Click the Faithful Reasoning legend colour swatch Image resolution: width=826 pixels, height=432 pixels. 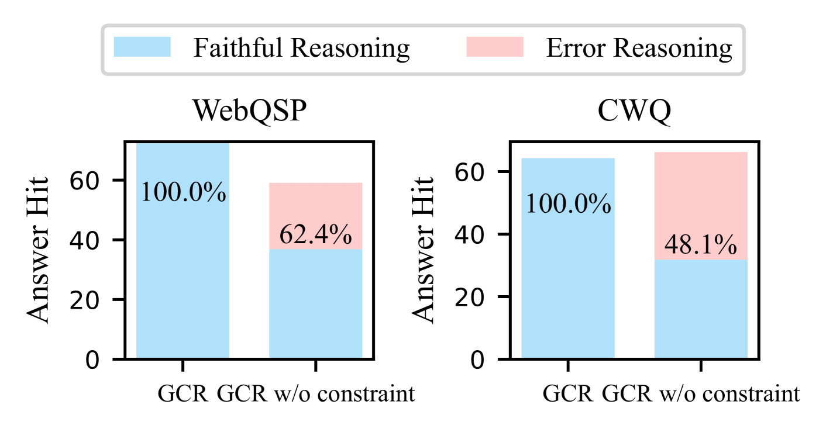142,47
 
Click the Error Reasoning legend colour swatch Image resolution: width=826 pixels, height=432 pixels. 494,47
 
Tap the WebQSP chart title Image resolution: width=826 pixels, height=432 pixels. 250,111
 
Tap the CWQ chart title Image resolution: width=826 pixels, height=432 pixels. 634,111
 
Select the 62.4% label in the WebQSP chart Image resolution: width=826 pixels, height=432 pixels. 315,235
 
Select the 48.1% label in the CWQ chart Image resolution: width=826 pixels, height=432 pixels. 700,246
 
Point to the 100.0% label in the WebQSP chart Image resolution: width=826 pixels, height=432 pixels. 183,192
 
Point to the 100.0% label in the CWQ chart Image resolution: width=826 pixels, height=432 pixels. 568,205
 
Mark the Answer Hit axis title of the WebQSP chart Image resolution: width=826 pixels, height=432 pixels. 39,250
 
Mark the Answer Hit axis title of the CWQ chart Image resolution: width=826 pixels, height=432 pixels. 424,250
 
